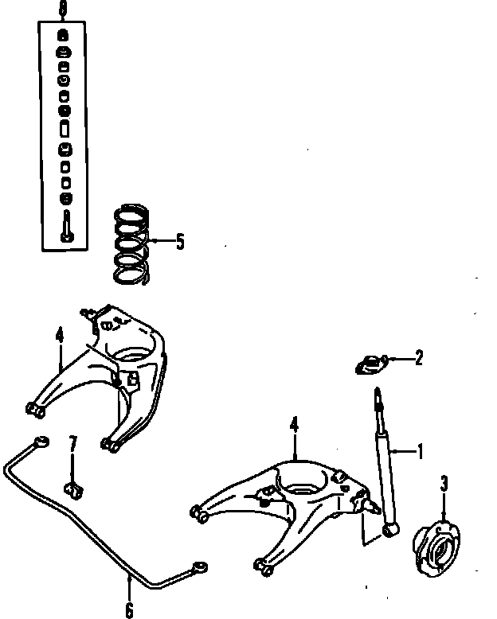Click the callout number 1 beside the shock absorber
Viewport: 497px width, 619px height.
point(421,452)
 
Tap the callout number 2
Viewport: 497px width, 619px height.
point(419,358)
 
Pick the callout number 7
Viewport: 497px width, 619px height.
point(72,443)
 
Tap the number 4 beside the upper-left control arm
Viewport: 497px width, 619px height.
point(60,337)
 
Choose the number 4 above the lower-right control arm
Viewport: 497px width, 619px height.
point(294,426)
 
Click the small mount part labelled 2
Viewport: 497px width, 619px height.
point(368,364)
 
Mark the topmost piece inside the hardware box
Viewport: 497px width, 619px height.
point(63,34)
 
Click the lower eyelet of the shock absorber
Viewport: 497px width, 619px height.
point(390,529)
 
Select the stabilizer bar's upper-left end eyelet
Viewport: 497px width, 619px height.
point(40,442)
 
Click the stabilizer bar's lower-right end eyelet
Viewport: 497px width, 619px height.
point(199,566)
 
